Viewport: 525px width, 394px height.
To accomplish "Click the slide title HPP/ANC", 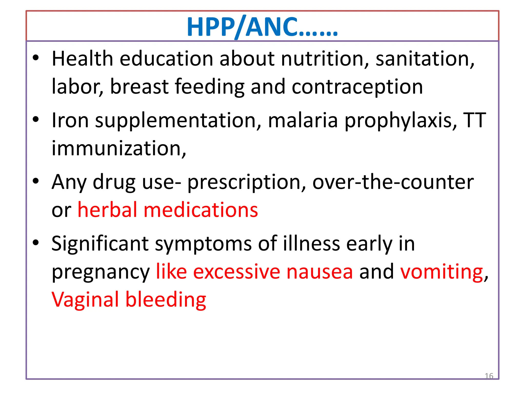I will pyautogui.click(x=262, y=27).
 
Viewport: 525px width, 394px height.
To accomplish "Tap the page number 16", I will pyautogui.click(x=489, y=376).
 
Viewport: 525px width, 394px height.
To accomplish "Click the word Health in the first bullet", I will pyautogui.click(x=82, y=59).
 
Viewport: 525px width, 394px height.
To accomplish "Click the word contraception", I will pyautogui.click(x=357, y=87).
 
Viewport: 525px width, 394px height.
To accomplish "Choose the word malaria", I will pyautogui.click(x=303, y=120).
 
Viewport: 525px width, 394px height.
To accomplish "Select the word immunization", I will pyautogui.click(x=119, y=148).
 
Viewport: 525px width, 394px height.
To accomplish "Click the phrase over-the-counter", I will pyautogui.click(x=393, y=182).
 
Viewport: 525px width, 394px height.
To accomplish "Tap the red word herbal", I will pyautogui.click(x=107, y=210).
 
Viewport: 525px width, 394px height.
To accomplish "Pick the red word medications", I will pyautogui.click(x=201, y=210).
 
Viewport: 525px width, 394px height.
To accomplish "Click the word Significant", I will pyautogui.click(x=100, y=243).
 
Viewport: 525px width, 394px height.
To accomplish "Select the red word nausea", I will pyautogui.click(x=319, y=272).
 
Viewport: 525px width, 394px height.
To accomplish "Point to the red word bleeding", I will pyautogui.click(x=166, y=300).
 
